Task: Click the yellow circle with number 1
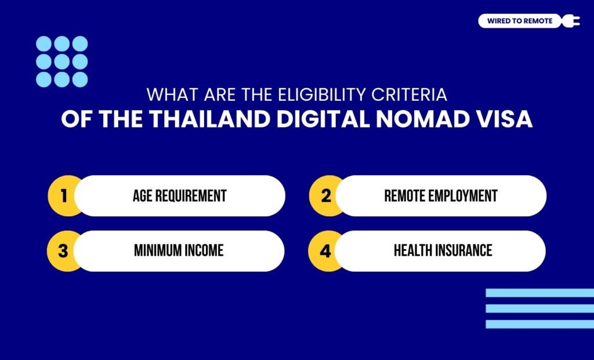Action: (x=63, y=196)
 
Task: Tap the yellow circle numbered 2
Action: (x=325, y=196)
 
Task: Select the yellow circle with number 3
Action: (x=63, y=251)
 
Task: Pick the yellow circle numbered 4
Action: (x=325, y=251)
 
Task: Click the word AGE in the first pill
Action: (x=142, y=196)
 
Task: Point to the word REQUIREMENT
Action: (x=190, y=196)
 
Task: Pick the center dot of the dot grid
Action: (x=62, y=61)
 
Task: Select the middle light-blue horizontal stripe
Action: (x=539, y=309)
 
